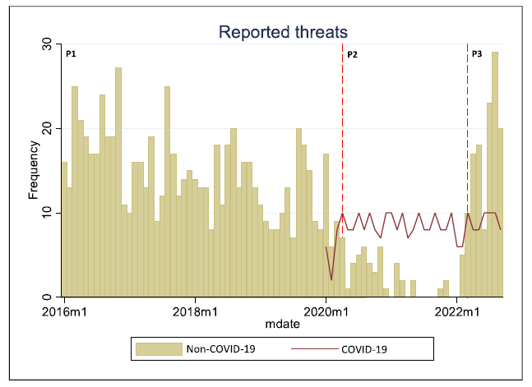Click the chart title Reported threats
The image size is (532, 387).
click(x=284, y=32)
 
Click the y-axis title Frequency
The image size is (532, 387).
click(x=35, y=170)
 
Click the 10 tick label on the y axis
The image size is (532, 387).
click(x=48, y=213)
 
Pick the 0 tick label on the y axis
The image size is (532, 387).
click(x=48, y=297)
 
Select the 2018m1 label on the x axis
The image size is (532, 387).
click(x=195, y=311)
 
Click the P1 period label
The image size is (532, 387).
click(x=71, y=54)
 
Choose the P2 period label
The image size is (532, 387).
click(x=352, y=54)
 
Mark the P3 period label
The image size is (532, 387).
click(x=477, y=54)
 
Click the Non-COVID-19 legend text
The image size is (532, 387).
click(x=219, y=348)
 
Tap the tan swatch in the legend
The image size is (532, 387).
click(x=158, y=348)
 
